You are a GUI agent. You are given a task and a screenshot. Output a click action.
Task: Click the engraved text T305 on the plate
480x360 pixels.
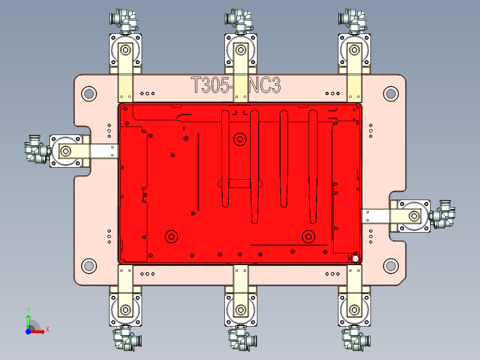(212, 85)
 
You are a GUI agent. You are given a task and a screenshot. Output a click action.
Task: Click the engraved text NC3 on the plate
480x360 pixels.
(265, 85)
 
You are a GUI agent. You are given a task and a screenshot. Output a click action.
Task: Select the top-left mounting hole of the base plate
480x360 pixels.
(89, 94)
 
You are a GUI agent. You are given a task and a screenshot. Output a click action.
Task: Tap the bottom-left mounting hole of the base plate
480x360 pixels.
(89, 266)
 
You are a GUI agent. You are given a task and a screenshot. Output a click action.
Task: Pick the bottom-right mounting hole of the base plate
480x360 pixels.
(391, 266)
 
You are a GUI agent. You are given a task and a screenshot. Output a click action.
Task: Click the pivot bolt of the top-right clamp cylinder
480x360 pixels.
(355, 49)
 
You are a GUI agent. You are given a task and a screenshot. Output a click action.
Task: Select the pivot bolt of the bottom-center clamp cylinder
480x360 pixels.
(241, 309)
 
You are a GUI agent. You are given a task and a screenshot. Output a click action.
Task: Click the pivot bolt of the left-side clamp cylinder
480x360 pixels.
(66, 151)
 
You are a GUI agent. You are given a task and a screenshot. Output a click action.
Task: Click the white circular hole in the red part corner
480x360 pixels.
(355, 258)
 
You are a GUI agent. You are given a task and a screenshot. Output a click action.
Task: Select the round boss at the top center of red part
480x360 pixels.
(240, 139)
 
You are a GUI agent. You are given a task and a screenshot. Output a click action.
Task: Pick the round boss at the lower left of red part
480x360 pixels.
(171, 236)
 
